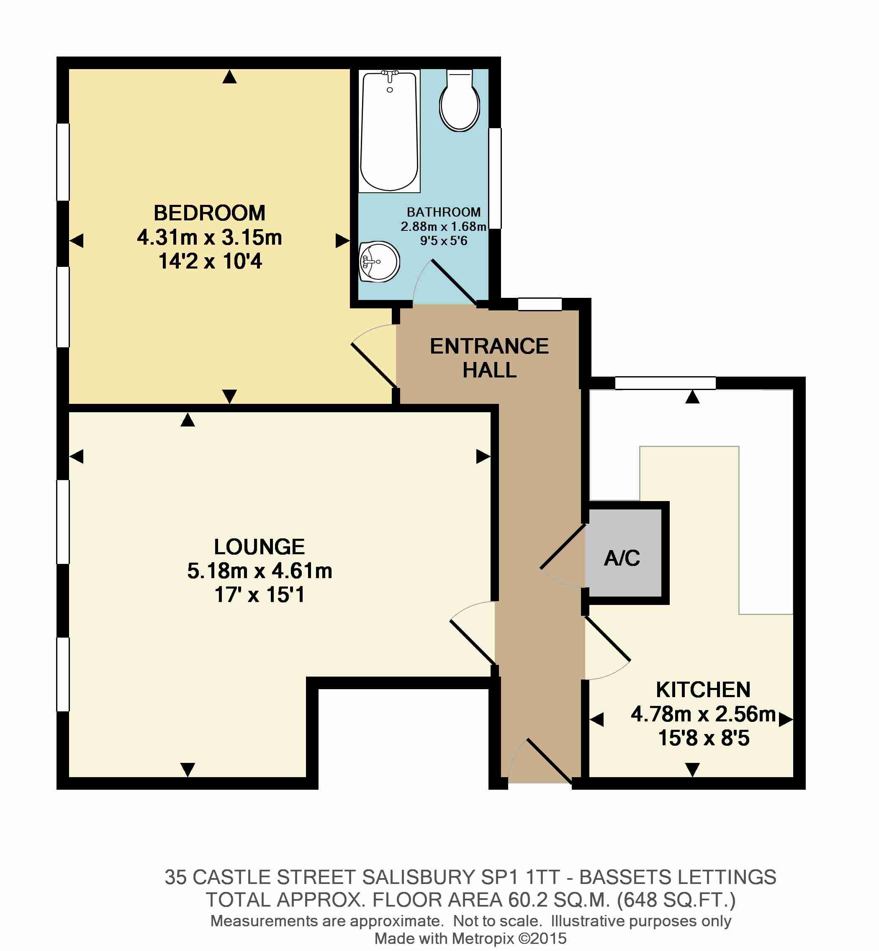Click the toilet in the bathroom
[x=459, y=101]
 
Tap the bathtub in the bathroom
[x=389, y=131]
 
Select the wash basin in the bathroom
[x=379, y=262]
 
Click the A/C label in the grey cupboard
[x=622, y=558]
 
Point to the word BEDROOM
[x=209, y=213]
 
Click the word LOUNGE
[x=259, y=546]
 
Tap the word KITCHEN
[x=703, y=690]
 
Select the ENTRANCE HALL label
[x=489, y=358]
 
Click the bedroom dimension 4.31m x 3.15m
[x=209, y=237]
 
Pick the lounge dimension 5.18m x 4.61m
[x=259, y=571]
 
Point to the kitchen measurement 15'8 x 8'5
[x=704, y=738]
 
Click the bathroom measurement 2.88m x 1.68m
[x=443, y=227]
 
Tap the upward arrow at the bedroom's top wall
[x=229, y=77]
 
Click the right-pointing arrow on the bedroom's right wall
[x=342, y=240]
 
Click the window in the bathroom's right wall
[x=495, y=178]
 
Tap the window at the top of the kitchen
[x=666, y=382]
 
